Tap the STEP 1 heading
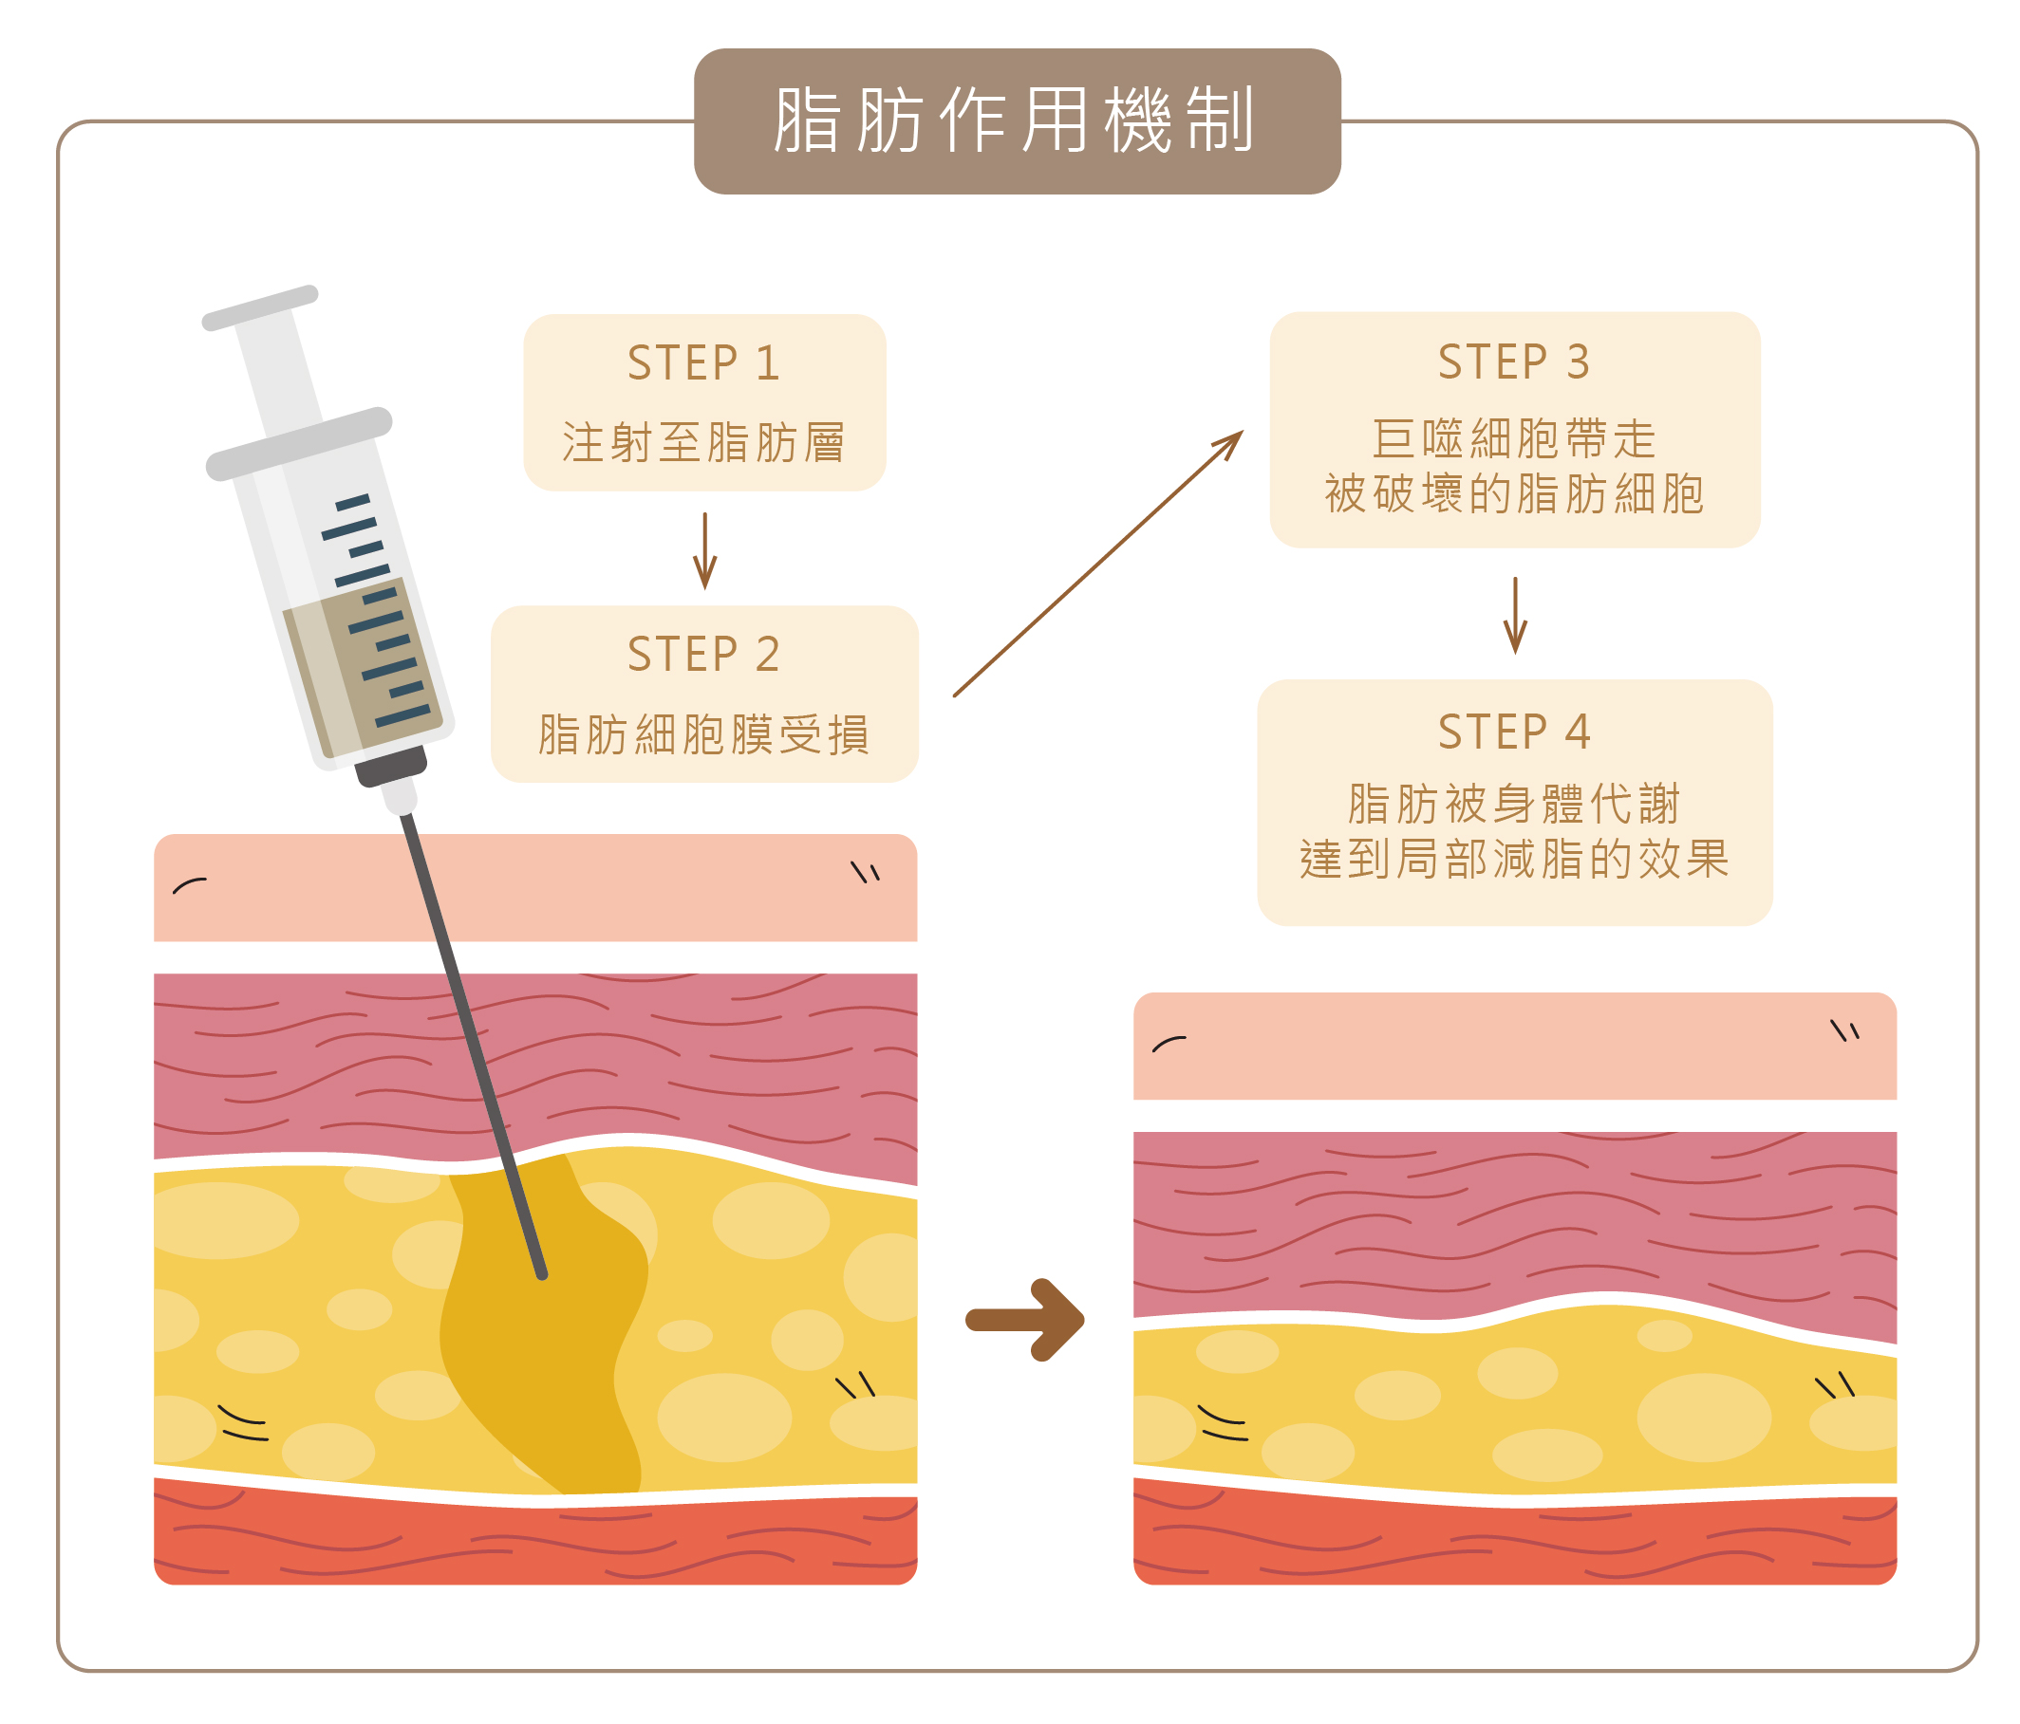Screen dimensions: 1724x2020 (704, 363)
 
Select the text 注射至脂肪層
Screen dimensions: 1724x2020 (704, 442)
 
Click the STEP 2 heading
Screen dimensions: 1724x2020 (704, 654)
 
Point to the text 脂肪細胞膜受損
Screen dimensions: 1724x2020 (704, 733)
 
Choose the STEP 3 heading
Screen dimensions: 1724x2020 (1514, 362)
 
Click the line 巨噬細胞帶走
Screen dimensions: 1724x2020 (1514, 438)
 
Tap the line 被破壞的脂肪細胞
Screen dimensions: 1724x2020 (1514, 494)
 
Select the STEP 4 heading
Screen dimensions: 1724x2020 (1514, 732)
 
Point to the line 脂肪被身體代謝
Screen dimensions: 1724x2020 (1514, 805)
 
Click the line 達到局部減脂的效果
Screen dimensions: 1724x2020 (1514, 860)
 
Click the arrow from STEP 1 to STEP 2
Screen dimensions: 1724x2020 (705, 550)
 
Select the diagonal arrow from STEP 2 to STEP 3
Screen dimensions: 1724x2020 (1098, 564)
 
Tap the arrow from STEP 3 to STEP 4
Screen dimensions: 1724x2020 (1515, 616)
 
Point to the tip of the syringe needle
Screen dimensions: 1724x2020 (542, 1273)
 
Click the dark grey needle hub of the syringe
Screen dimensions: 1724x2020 (391, 766)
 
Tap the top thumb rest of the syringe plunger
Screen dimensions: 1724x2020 (260, 308)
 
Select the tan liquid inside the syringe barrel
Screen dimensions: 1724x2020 (361, 673)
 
